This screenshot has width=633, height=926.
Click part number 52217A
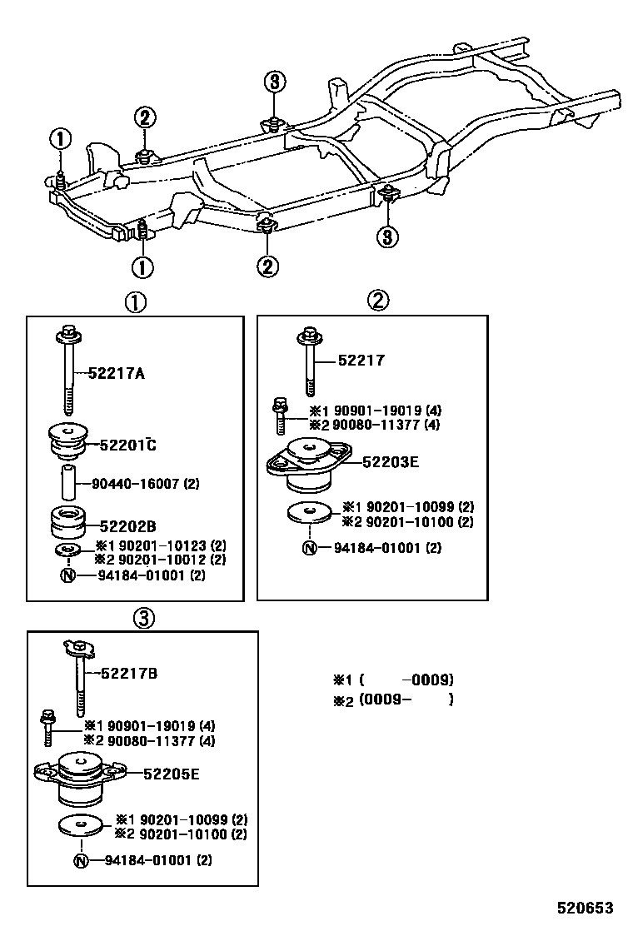click(x=116, y=374)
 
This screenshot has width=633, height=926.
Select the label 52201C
click(x=127, y=445)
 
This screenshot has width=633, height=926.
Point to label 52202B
click(x=127, y=526)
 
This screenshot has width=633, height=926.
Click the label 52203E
click(x=391, y=461)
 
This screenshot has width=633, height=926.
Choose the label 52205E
click(x=171, y=774)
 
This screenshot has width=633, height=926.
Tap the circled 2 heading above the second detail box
click(x=379, y=301)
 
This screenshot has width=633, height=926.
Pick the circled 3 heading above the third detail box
click(x=142, y=617)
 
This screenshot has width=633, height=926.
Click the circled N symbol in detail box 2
click(x=310, y=548)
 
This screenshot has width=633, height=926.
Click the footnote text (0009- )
click(x=406, y=700)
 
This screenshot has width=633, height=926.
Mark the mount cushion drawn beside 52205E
click(x=81, y=777)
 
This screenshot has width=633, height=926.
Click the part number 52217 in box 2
click(x=361, y=361)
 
